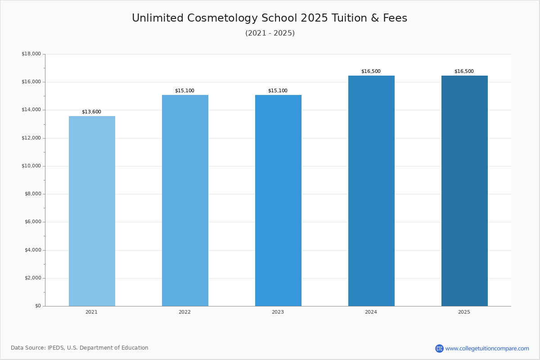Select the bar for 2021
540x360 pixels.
(x=92, y=211)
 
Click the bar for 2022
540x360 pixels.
(x=185, y=201)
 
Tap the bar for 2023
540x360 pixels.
(x=278, y=201)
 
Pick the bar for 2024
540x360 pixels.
(x=371, y=191)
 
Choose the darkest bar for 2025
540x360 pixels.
(x=464, y=191)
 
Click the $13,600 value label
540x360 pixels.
(x=92, y=112)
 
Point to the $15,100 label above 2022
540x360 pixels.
(x=184, y=90)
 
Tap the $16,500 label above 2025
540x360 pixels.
(x=464, y=72)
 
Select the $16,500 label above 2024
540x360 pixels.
(x=371, y=72)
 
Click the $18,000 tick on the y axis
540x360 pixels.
(x=31, y=54)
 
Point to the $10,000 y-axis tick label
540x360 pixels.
(x=31, y=166)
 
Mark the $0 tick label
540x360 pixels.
(x=38, y=306)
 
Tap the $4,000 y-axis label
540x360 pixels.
(x=33, y=250)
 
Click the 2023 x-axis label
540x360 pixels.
(x=278, y=312)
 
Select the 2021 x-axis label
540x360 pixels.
(x=92, y=312)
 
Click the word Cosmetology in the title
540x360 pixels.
(x=222, y=18)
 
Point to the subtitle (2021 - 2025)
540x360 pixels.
(x=270, y=33)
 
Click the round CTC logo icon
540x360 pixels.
(x=440, y=348)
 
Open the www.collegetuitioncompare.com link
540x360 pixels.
(x=487, y=349)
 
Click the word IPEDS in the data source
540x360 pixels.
(x=56, y=348)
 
